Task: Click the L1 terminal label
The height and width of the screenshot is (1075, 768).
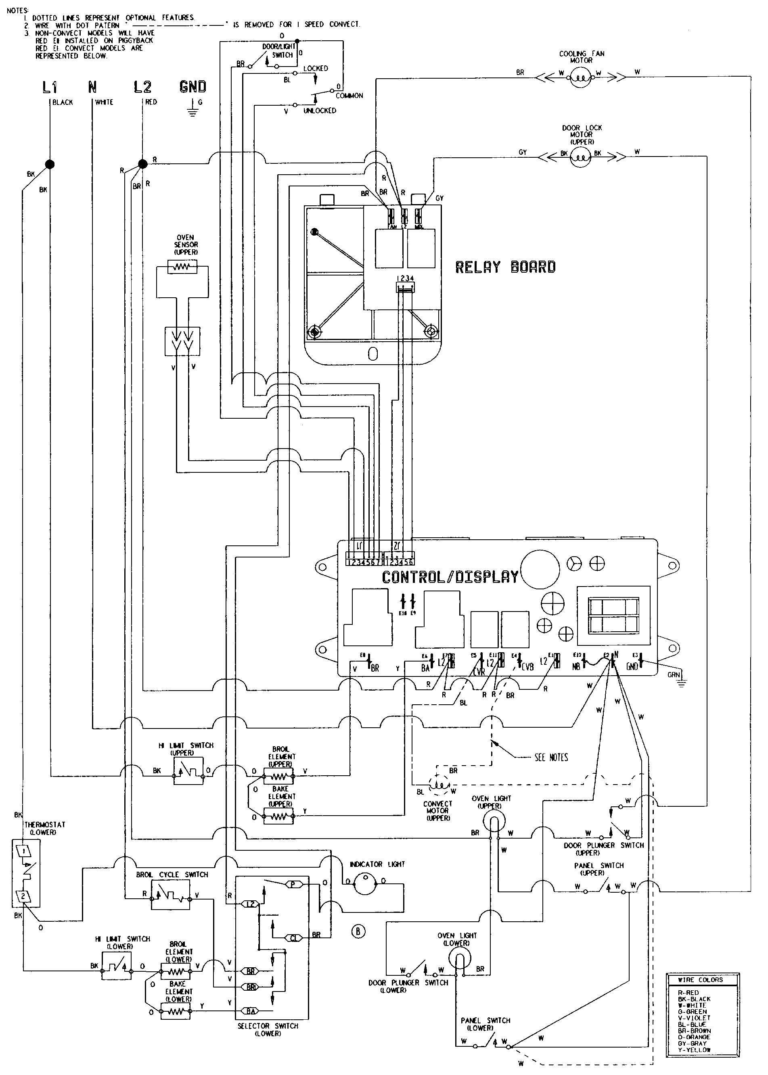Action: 50,87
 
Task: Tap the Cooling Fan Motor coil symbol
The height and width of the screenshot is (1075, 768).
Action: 581,76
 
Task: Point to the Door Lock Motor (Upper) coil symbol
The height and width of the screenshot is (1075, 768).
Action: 581,156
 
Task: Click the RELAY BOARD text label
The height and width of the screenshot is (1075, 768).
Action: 505,267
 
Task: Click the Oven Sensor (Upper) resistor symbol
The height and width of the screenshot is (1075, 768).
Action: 182,267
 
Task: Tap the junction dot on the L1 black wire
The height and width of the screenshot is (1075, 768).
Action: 49,164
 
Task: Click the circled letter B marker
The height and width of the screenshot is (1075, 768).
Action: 358,931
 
